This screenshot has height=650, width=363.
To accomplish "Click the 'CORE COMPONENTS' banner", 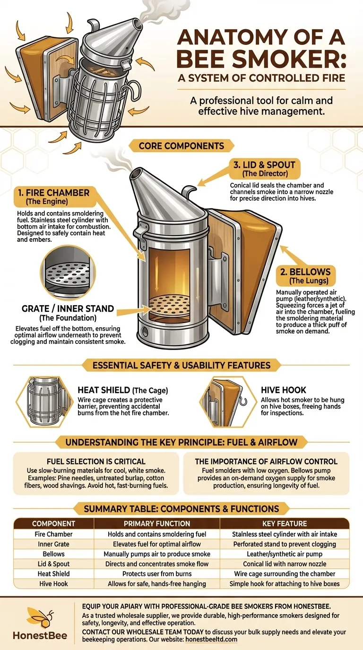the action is point(181,145).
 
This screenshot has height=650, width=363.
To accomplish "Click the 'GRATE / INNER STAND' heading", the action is point(68,308).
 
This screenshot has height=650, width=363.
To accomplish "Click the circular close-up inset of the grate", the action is point(68,273).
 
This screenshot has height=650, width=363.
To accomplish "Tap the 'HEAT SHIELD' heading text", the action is point(104,390).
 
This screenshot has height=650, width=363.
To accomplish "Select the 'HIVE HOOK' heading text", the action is point(284,390).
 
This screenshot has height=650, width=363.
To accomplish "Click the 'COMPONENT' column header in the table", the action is point(53,523).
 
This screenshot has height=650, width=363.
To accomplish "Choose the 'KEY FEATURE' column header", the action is point(285,523).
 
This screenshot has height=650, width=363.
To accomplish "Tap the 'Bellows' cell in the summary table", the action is point(53,554).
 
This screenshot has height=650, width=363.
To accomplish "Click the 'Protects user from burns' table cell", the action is point(157,573).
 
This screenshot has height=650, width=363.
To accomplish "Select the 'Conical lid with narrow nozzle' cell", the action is point(285,564).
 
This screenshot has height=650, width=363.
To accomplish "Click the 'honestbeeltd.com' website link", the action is point(211,639).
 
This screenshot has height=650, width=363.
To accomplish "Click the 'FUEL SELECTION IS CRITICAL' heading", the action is point(96,462).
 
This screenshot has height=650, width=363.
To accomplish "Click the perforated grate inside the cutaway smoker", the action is point(169,305).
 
